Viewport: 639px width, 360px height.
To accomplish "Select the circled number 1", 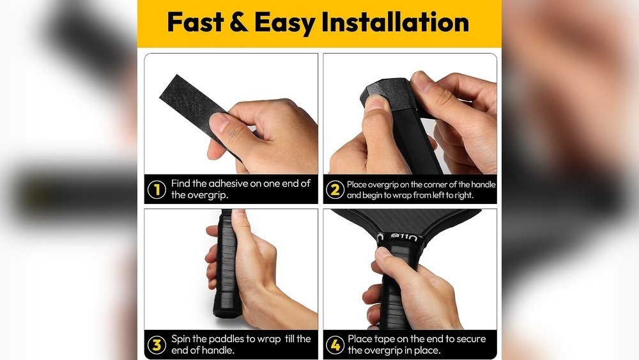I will click(157, 189).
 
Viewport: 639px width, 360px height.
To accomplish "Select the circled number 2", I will click(335, 189).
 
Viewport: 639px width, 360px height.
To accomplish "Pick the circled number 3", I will click(157, 345).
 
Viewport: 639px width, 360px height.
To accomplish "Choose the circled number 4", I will click(335, 345).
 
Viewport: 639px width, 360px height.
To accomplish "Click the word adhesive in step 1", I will click(229, 184).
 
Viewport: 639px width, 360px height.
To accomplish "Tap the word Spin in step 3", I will click(181, 339).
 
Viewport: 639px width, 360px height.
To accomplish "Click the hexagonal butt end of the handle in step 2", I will click(383, 92).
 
